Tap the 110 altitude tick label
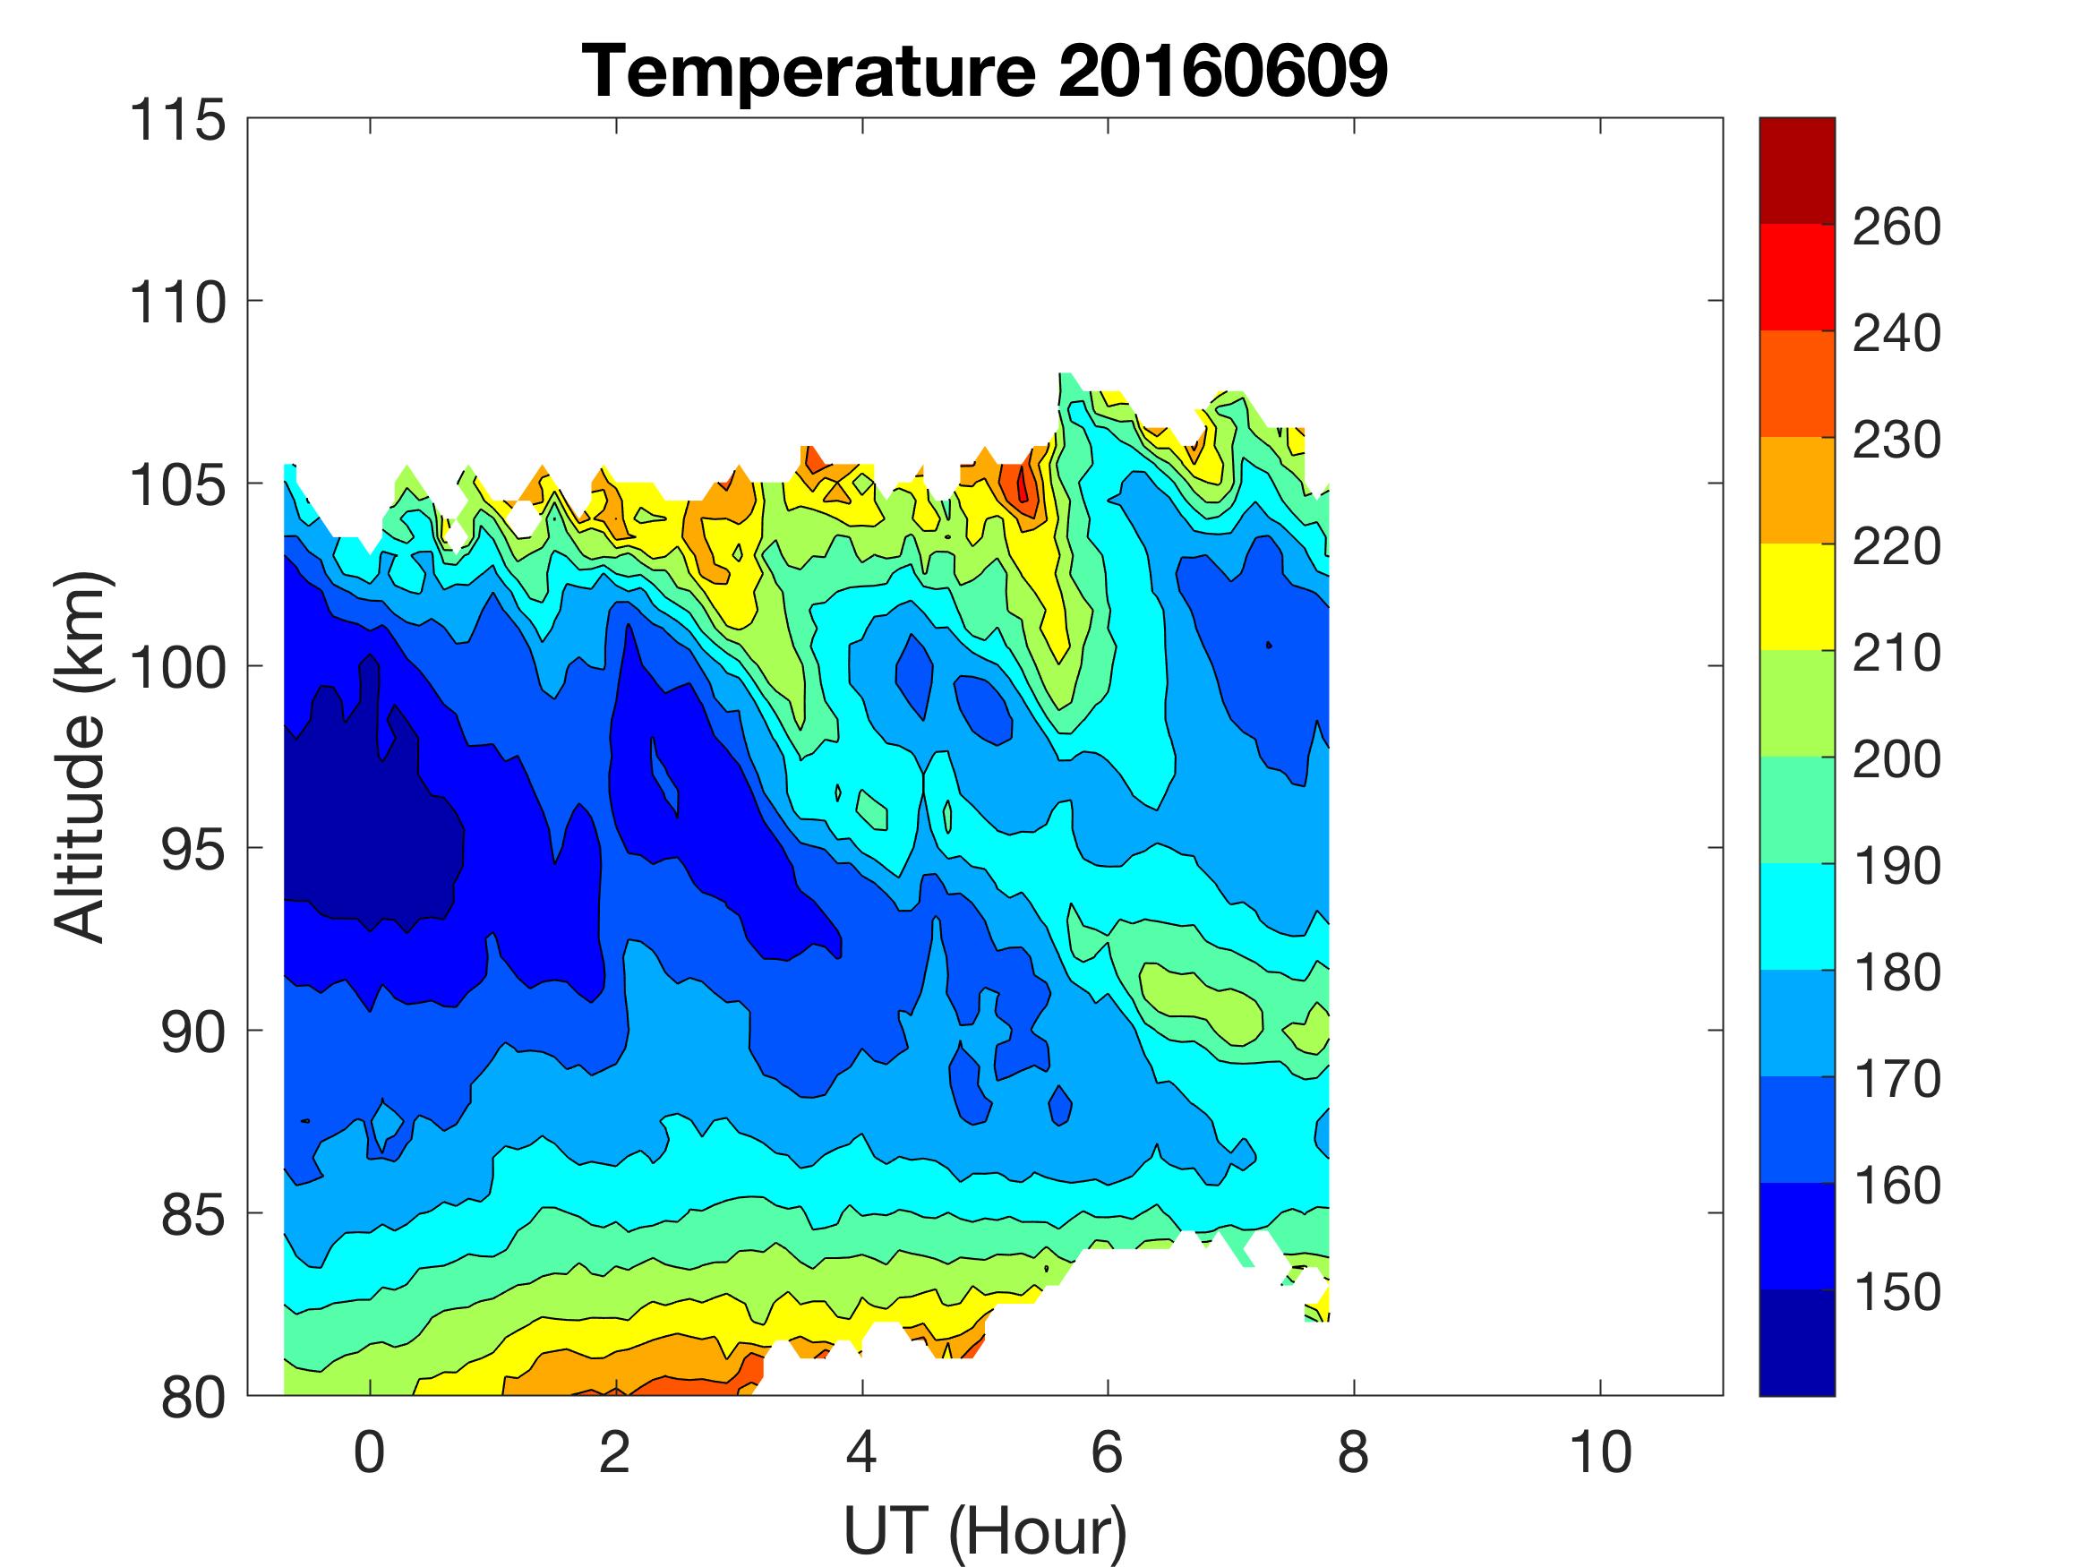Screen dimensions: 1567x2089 pyautogui.click(x=177, y=304)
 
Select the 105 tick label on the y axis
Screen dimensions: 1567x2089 pyautogui.click(x=177, y=485)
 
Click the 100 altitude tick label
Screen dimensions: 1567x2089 pyautogui.click(x=177, y=668)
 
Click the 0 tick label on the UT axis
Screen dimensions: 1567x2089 pyautogui.click(x=369, y=1451)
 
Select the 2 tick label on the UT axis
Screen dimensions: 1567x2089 pyautogui.click(x=615, y=1451)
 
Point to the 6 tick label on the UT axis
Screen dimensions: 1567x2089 pyautogui.click(x=1107, y=1451)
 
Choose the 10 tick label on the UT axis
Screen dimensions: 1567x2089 pyautogui.click(x=1600, y=1451)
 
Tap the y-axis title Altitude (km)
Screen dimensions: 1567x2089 pyautogui.click(x=80, y=756)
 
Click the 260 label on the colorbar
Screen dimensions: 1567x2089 pyautogui.click(x=1896, y=227)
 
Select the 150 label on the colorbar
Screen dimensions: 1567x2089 pyautogui.click(x=1896, y=1291)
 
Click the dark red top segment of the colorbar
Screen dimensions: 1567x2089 pyautogui.click(x=1796, y=170)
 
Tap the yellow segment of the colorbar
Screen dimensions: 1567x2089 pyautogui.click(x=1796, y=596)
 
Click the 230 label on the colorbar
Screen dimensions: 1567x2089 pyautogui.click(x=1896, y=440)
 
